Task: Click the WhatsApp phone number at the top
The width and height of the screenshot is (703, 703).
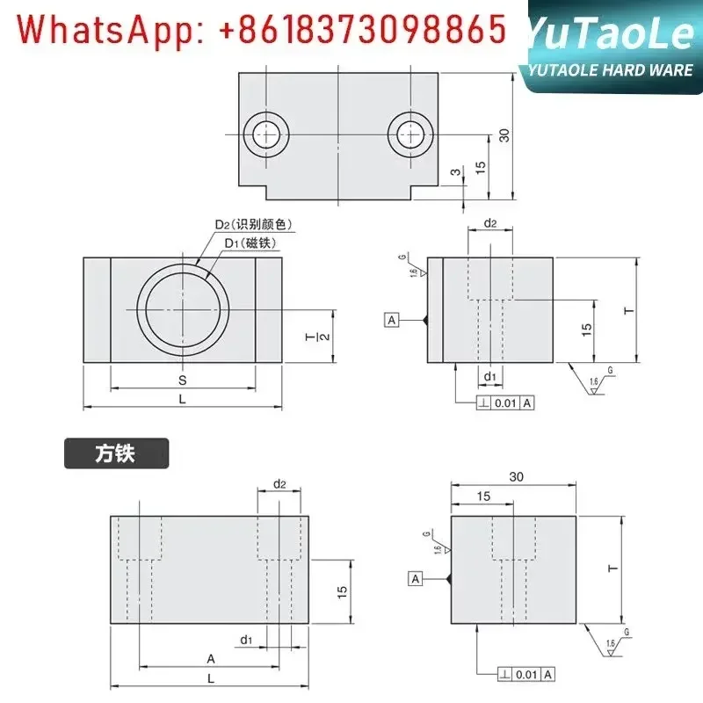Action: (x=263, y=31)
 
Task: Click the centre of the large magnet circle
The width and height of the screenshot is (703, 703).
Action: (x=183, y=310)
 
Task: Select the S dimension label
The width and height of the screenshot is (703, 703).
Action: (x=183, y=380)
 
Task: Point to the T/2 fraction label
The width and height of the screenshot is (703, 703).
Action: (x=322, y=335)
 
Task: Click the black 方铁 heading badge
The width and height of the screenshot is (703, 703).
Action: (x=116, y=454)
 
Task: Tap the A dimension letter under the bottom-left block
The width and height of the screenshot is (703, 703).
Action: (x=211, y=658)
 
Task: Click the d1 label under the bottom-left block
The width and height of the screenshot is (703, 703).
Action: (x=247, y=640)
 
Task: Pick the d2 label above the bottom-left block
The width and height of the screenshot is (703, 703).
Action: (x=280, y=484)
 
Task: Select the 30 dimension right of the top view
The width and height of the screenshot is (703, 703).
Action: (x=504, y=135)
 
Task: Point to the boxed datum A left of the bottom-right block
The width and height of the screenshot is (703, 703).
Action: (x=415, y=578)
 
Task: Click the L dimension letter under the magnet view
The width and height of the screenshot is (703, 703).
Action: (x=183, y=398)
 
